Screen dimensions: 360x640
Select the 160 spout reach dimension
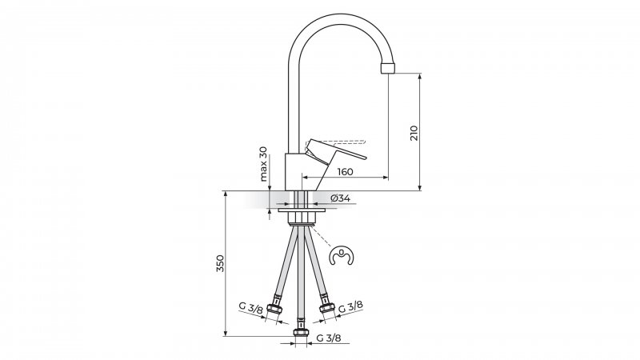(x=346, y=172)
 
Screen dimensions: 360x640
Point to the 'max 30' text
(x=263, y=163)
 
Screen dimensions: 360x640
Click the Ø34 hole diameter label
(x=340, y=198)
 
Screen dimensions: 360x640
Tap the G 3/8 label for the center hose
(x=327, y=339)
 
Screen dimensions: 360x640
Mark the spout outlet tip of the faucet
(x=388, y=66)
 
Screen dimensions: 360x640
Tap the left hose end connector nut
(x=276, y=307)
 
